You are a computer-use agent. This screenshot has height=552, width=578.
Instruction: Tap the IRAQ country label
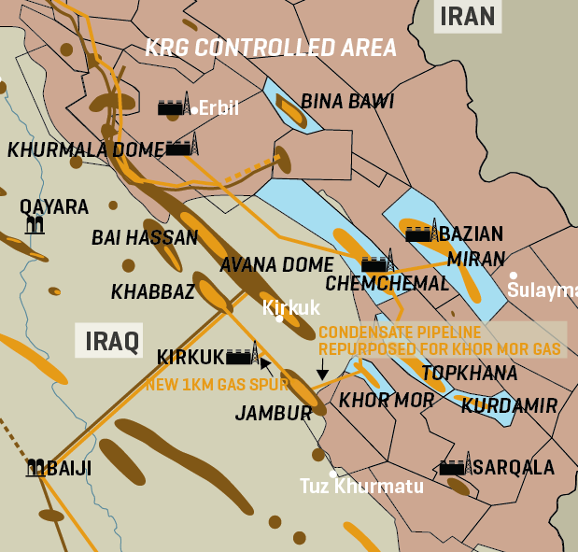coord(107,341)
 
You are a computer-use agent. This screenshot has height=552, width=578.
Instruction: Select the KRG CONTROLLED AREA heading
coord(270,48)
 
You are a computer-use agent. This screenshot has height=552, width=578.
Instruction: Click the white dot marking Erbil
coord(194,110)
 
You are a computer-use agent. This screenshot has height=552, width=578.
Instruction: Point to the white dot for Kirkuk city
coord(279,318)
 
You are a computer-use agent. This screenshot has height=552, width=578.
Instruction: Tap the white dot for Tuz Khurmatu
coord(332,474)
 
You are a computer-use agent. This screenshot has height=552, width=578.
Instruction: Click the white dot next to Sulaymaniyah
coord(513,276)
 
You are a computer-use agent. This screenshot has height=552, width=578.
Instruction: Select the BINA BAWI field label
coord(347,101)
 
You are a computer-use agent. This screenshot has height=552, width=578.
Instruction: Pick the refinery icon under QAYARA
coord(35,223)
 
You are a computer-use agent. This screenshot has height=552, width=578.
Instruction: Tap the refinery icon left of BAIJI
coord(36,467)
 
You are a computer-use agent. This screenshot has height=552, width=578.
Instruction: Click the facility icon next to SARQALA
coord(455,465)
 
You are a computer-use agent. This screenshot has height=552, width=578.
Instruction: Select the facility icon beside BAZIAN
coord(422,232)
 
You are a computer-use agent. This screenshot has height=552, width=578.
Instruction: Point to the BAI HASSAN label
coord(145,238)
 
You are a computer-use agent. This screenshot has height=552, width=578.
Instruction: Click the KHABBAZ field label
coord(153,292)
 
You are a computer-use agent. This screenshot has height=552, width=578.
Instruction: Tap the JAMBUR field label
coord(274,413)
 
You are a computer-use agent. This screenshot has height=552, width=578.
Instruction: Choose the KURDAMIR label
coord(509,406)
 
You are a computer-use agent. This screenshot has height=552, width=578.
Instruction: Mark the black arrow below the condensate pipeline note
coord(322,371)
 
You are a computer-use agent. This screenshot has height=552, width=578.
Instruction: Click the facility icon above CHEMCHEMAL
coord(377,262)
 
